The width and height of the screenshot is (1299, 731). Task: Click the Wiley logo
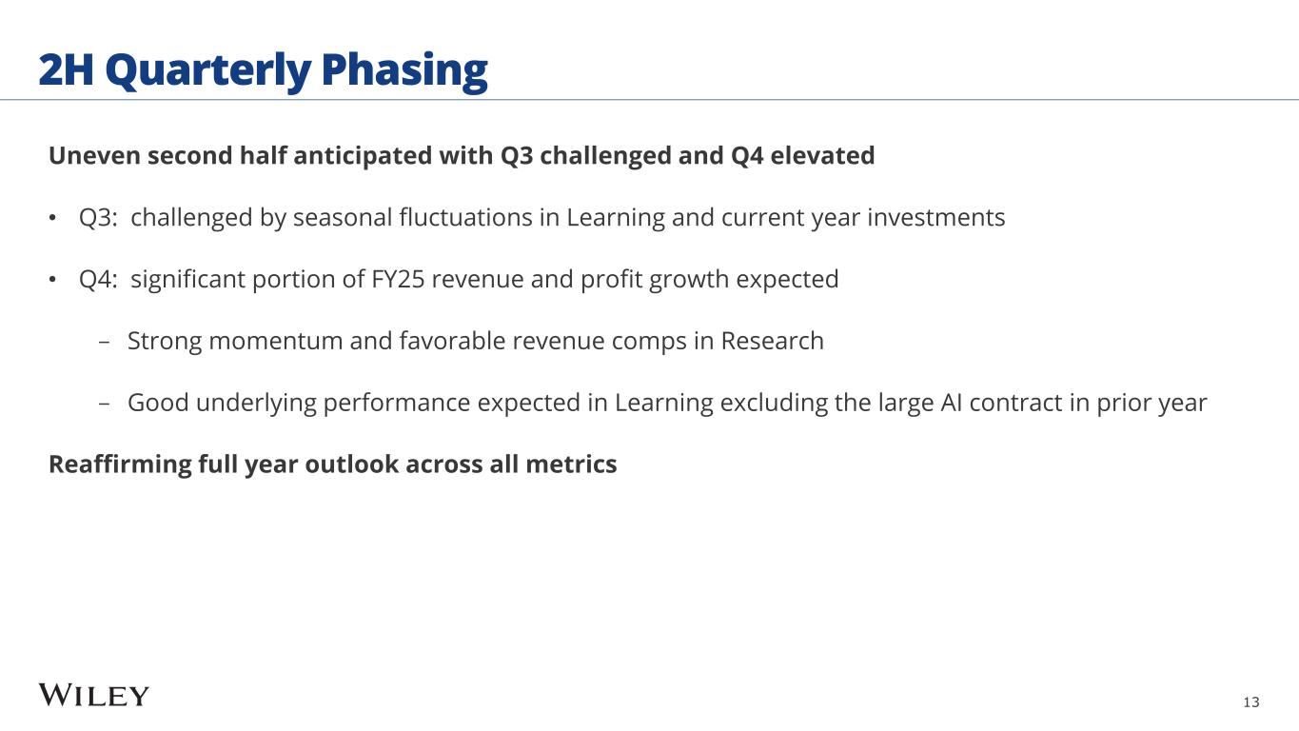[94, 695]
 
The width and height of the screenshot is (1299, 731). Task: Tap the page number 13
[1251, 702]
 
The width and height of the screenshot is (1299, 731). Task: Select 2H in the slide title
[66, 69]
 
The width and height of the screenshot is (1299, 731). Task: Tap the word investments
[936, 218]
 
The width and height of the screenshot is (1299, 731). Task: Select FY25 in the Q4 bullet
[398, 279]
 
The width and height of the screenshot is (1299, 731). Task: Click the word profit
[611, 279]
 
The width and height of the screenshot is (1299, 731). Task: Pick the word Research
[772, 341]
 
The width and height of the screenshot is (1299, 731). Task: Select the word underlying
[256, 403]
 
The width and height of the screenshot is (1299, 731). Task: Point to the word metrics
[571, 464]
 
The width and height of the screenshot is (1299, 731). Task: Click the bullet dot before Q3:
[52, 219]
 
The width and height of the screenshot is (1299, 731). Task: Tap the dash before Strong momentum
[105, 342]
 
